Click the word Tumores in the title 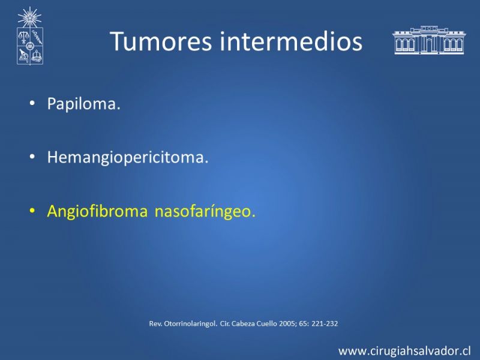[161, 41]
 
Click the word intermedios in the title [291, 41]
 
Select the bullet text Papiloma [83, 104]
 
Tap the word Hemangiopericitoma [128, 158]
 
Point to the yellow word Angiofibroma [97, 212]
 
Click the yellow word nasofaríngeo [205, 212]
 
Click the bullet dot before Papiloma [32, 103]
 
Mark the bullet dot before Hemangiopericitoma [32, 157]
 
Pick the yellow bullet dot [32, 211]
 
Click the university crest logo [29, 36]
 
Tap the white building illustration [429, 40]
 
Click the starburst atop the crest [29, 17]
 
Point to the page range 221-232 [325, 323]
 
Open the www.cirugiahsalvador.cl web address [404, 351]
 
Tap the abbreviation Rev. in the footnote [156, 323]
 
